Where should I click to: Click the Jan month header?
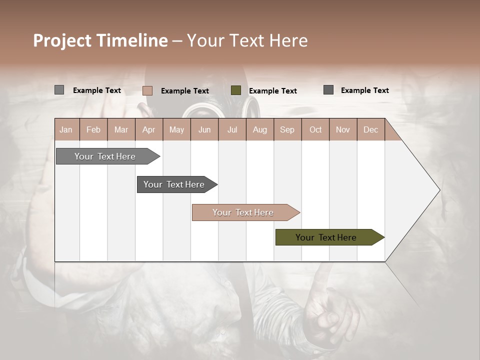click(66, 130)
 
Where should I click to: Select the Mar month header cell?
click(121, 130)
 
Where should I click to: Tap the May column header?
click(176, 130)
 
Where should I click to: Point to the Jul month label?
click(232, 130)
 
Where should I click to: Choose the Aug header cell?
click(259, 130)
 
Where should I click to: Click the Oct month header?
click(315, 130)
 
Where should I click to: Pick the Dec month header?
click(370, 130)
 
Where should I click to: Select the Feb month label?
click(93, 130)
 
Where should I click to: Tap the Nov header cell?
click(342, 130)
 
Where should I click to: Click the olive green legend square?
click(236, 90)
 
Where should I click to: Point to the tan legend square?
click(147, 90)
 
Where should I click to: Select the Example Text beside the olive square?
click(272, 91)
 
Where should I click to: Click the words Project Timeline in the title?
click(100, 40)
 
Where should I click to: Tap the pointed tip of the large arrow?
click(438, 190)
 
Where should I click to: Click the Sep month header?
click(287, 130)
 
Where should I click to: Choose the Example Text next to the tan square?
click(184, 91)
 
